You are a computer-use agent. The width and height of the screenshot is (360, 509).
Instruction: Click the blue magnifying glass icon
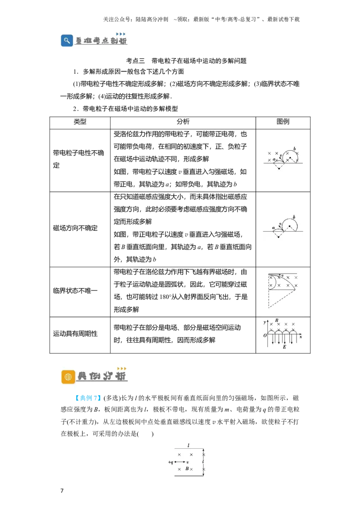point(67,40)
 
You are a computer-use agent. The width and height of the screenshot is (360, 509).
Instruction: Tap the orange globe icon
point(68,377)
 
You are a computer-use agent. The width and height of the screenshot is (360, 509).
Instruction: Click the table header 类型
point(80,121)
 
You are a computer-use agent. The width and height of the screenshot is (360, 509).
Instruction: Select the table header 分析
point(183,121)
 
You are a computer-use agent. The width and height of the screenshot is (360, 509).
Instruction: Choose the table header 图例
point(283,121)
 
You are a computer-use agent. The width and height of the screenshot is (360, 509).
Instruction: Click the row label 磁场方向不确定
point(76,228)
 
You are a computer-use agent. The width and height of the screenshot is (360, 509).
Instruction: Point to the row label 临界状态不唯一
point(76,290)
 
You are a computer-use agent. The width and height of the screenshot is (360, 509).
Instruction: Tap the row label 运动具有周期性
point(76,333)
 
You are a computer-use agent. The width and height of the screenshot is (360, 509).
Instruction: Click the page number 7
point(62,491)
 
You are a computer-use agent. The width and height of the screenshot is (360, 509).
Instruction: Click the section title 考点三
point(135,61)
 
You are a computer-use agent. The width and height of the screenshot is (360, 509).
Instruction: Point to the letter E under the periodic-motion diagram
point(284,347)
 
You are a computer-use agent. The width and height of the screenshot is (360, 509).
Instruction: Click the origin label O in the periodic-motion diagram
point(265,335)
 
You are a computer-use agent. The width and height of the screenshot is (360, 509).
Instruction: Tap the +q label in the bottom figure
point(171,462)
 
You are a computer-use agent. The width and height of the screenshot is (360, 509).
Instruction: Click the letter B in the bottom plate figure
point(187,469)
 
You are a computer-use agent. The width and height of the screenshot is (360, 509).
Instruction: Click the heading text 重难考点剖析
point(101,41)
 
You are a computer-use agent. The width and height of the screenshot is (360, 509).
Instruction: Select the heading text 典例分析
point(102,376)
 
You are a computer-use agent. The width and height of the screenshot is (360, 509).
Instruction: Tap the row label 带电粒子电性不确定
point(78,159)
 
